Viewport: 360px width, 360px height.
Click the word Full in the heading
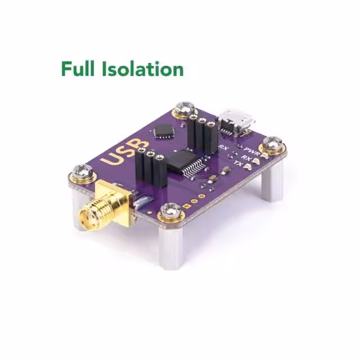coord(79,69)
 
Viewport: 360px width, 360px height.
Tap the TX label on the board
coord(238,164)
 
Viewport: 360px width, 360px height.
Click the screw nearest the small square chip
coord(184,109)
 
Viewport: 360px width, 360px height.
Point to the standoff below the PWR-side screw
coord(274,183)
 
